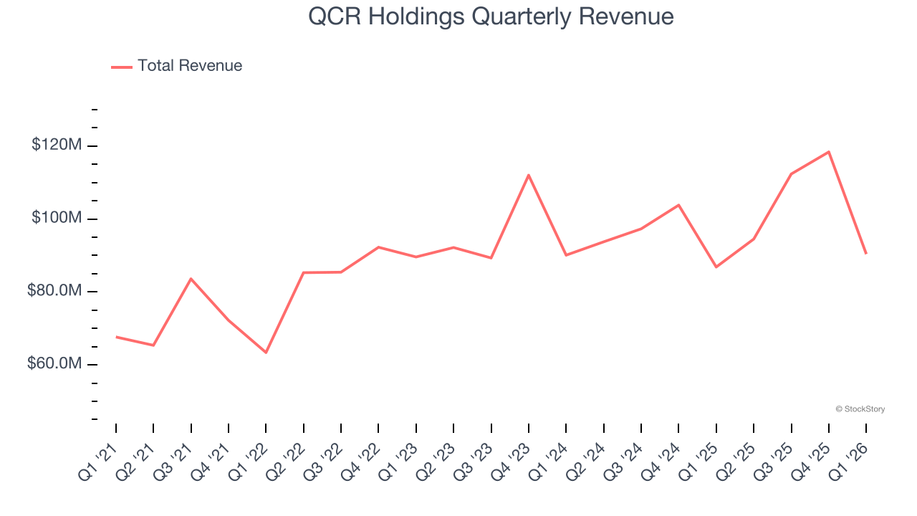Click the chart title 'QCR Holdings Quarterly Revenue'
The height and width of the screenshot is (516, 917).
click(x=491, y=16)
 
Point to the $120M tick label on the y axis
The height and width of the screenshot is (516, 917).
click(x=57, y=145)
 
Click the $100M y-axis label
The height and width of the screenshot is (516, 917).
click(x=57, y=218)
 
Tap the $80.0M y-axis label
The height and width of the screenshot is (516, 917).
click(x=54, y=291)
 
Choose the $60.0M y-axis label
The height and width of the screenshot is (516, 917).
click(x=54, y=364)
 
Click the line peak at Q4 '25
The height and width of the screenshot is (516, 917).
click(x=829, y=152)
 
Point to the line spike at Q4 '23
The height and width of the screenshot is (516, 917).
click(x=529, y=175)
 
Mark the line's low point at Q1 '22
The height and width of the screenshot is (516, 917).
click(x=266, y=353)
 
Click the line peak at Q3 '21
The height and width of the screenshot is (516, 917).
click(x=191, y=278)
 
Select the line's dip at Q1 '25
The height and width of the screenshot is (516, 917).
click(x=716, y=267)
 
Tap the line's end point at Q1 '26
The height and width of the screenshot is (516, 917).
click(x=866, y=254)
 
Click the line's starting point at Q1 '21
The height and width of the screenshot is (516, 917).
click(x=116, y=337)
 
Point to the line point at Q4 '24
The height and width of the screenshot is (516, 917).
click(x=678, y=205)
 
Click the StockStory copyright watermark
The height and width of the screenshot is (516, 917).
click(x=860, y=409)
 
